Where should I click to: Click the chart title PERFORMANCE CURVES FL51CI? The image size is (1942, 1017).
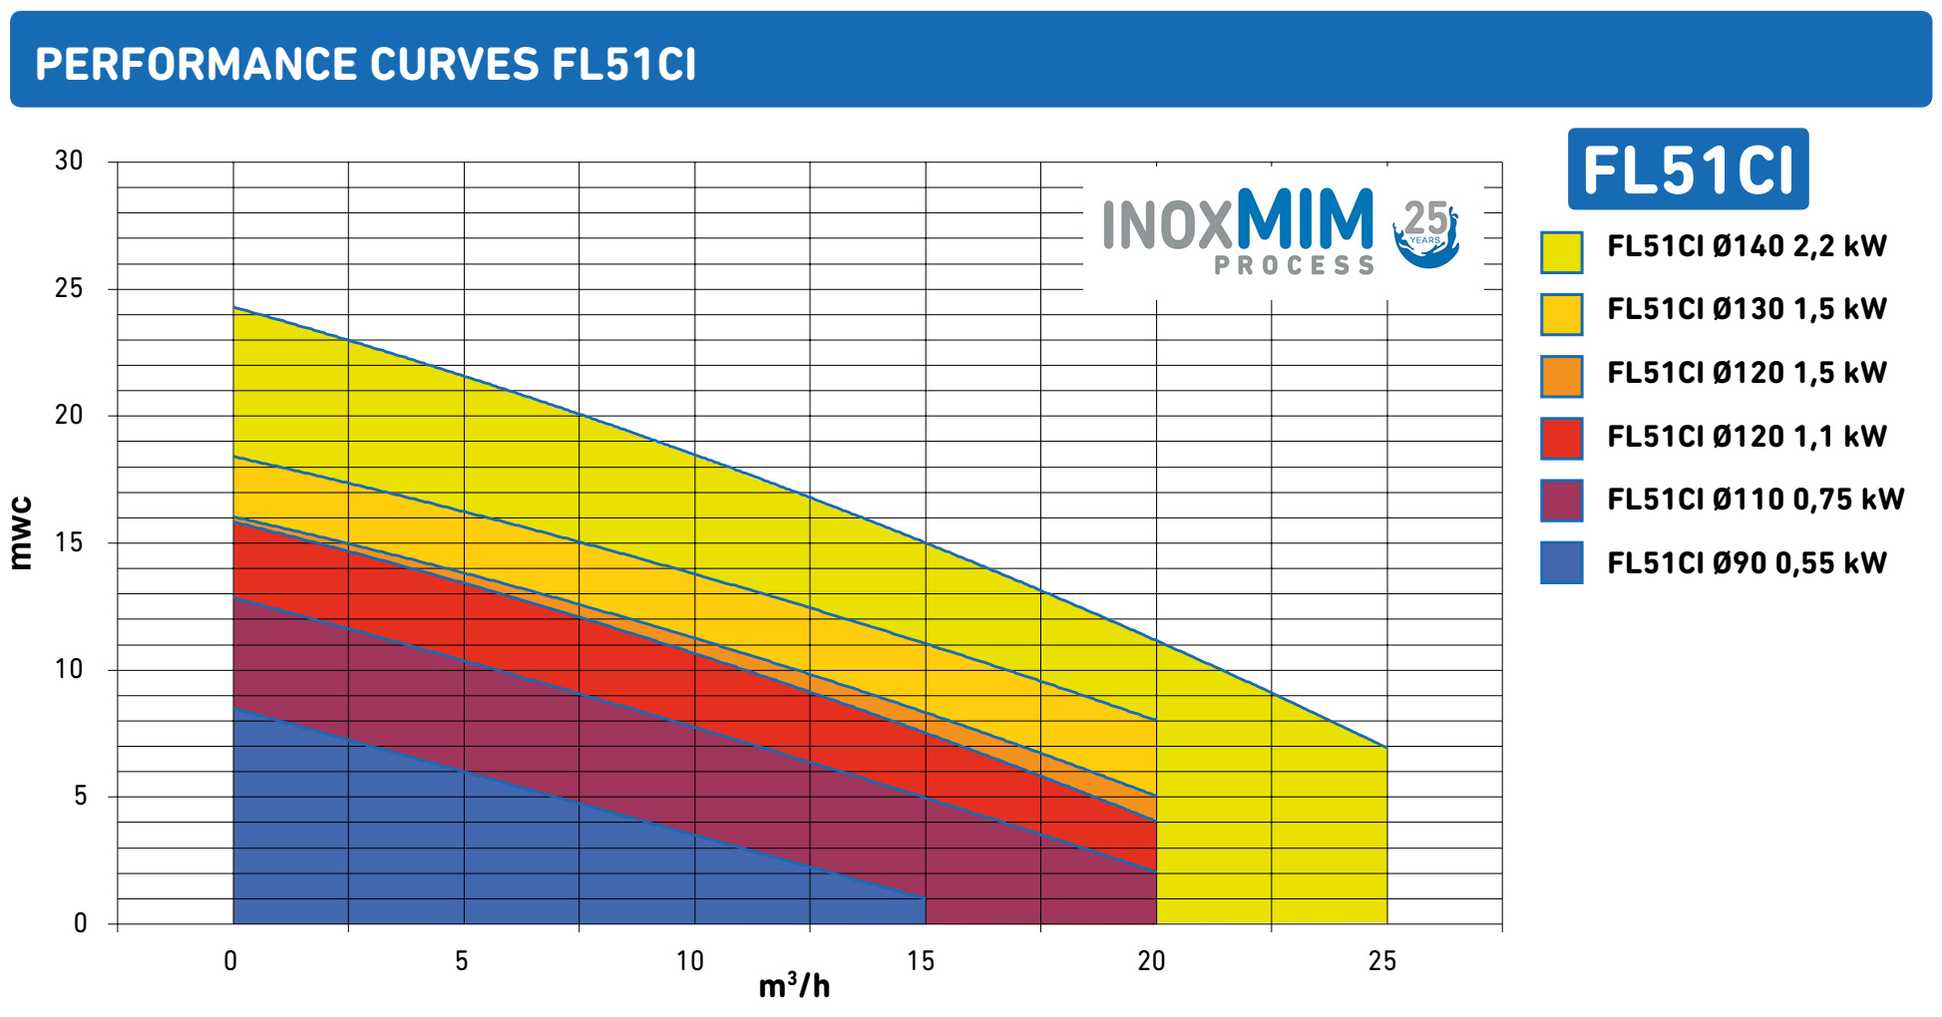coord(365,65)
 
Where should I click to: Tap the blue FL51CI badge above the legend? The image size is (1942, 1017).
coord(1688,169)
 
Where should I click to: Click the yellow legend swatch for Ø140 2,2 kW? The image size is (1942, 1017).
coord(1561,252)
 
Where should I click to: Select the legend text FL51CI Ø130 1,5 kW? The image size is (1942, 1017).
coord(1747,309)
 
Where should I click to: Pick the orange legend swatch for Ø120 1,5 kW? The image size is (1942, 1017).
coord(1561,377)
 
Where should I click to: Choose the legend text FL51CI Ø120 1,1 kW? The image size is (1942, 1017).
coord(1747,437)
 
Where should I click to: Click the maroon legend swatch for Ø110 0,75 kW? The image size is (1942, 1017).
coord(1561,501)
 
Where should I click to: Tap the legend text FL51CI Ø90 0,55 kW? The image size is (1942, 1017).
coord(1747,563)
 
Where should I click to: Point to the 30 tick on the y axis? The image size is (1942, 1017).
coord(69,161)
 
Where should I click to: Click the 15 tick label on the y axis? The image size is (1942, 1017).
coord(69,542)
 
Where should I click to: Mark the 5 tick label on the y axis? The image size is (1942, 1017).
coord(80,797)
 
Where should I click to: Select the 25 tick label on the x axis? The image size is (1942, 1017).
coord(1382,961)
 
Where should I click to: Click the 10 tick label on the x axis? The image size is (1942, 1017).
coord(690,961)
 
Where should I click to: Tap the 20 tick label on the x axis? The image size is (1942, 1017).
coord(1151,961)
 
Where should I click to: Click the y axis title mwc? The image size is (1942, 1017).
coord(21,533)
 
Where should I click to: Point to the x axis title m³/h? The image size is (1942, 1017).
coord(794,986)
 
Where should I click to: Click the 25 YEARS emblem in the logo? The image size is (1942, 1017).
coord(1426,232)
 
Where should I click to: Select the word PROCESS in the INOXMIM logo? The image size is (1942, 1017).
coord(1294,265)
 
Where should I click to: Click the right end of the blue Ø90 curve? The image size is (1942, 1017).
coord(925,898)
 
